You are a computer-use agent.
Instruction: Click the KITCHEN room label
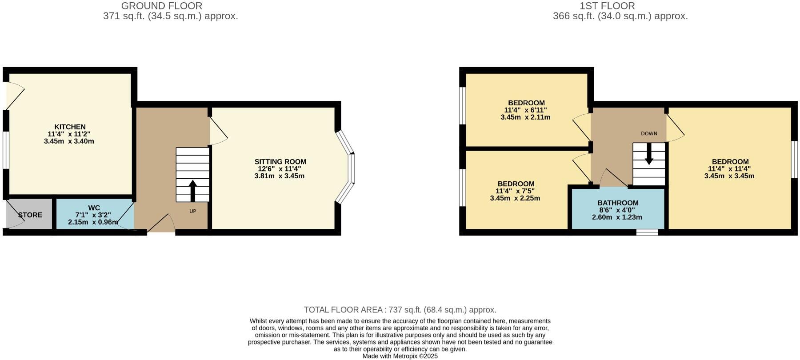coord(70,127)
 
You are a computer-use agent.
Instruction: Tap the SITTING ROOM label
coord(280,162)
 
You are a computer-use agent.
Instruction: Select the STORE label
coord(30,215)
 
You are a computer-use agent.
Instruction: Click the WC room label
coord(94,208)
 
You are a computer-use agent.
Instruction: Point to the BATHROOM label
coord(618,203)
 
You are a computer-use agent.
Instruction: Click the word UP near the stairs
coord(192,211)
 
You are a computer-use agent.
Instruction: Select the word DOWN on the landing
coord(649,133)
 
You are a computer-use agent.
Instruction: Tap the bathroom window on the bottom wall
coord(647,232)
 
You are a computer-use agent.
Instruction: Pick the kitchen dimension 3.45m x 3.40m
coord(69,141)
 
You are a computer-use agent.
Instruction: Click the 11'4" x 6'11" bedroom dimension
coord(525,110)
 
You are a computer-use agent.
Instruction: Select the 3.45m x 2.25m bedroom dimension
coord(515,198)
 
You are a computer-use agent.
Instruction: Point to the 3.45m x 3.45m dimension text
coord(729,176)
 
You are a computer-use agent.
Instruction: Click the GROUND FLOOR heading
coord(161,6)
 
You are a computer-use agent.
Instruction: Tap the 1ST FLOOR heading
coord(607,6)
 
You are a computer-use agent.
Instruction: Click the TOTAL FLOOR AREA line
coord(400,310)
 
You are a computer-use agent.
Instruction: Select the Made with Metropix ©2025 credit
coord(400,356)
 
